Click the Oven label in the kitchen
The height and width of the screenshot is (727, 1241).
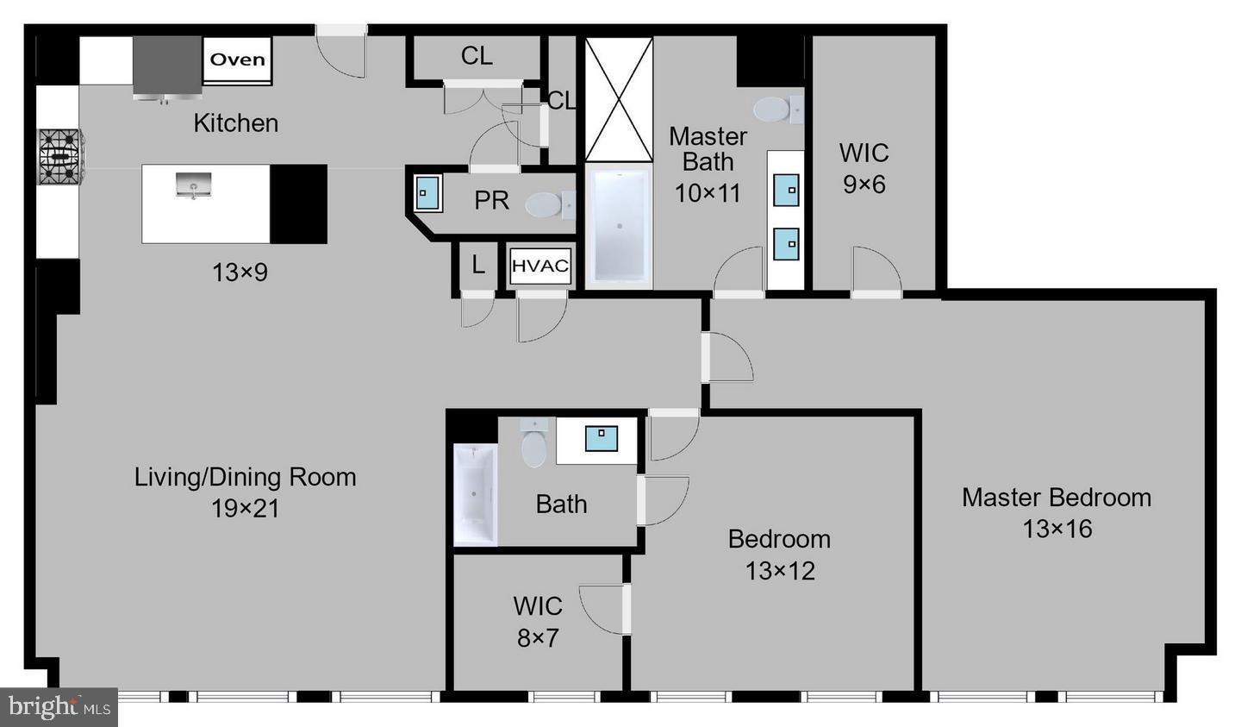click(238, 60)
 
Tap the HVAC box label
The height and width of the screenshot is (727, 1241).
click(540, 266)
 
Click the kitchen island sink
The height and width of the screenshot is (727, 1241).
click(194, 185)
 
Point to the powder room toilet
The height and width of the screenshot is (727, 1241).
click(546, 205)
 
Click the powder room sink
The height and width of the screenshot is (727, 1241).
click(427, 193)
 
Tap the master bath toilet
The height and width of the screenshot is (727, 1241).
click(776, 110)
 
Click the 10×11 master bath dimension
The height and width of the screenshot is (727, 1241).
click(708, 192)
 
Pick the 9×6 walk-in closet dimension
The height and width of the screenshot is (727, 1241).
click(864, 184)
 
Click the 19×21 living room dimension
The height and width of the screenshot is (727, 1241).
click(246, 508)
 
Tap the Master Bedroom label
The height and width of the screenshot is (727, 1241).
click(1057, 498)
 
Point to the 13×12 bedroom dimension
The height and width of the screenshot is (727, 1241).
click(780, 570)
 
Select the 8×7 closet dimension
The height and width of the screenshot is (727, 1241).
click(538, 638)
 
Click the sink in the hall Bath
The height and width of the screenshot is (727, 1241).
click(601, 439)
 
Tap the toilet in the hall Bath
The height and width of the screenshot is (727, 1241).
click(534, 444)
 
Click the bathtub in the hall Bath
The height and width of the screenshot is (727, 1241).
click(475, 495)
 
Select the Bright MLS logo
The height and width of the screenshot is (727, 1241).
click(59, 707)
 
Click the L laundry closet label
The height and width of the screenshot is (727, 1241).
click(478, 266)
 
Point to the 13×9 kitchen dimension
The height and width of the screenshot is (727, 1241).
click(240, 273)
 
